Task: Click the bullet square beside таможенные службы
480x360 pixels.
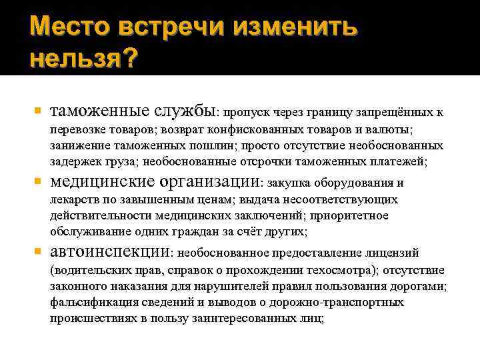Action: (37, 109)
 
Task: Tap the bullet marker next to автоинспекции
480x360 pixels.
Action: (37, 253)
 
